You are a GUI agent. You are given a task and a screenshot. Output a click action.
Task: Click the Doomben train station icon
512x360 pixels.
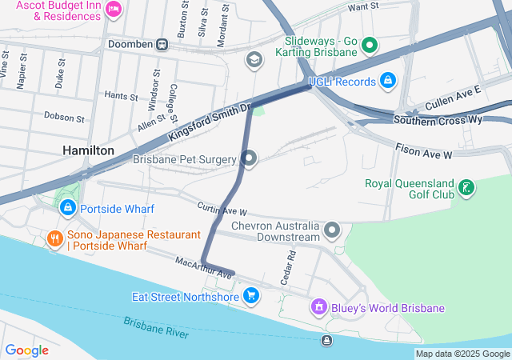tap(162, 44)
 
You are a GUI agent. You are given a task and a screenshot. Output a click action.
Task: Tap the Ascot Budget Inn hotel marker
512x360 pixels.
tap(113, 9)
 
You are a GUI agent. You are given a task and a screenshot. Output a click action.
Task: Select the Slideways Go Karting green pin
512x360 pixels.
tap(369, 45)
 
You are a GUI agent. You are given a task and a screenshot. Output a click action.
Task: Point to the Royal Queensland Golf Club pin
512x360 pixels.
tap(466, 189)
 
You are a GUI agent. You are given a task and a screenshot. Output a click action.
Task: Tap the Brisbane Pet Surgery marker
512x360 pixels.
tap(249, 158)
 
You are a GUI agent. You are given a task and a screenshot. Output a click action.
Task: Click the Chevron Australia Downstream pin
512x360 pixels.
tap(332, 231)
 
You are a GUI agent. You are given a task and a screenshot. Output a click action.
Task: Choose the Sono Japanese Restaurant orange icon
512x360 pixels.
tap(54, 238)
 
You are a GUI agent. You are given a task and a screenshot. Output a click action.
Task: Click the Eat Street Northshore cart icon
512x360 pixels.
tap(251, 297)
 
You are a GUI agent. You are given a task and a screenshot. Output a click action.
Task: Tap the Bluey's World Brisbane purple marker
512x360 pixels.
tap(318, 307)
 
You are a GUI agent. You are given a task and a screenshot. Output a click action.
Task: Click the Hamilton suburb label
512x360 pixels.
tap(88, 150)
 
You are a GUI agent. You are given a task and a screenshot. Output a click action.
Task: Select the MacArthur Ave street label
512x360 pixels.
tap(203, 267)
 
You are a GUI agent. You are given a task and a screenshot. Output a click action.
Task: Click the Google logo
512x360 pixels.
tap(26, 350)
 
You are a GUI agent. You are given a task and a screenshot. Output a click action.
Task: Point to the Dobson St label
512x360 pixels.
tap(64, 117)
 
